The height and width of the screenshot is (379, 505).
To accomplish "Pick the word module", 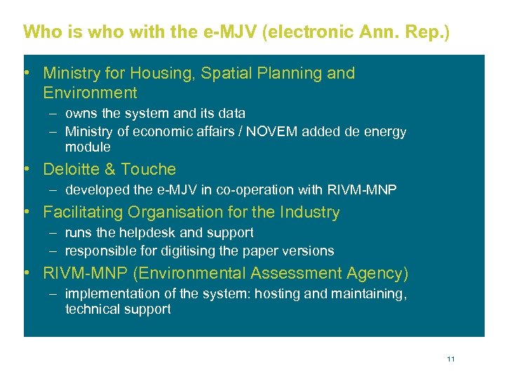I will pos(88,147).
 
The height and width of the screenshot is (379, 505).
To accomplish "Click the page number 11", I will pos(450,359).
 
